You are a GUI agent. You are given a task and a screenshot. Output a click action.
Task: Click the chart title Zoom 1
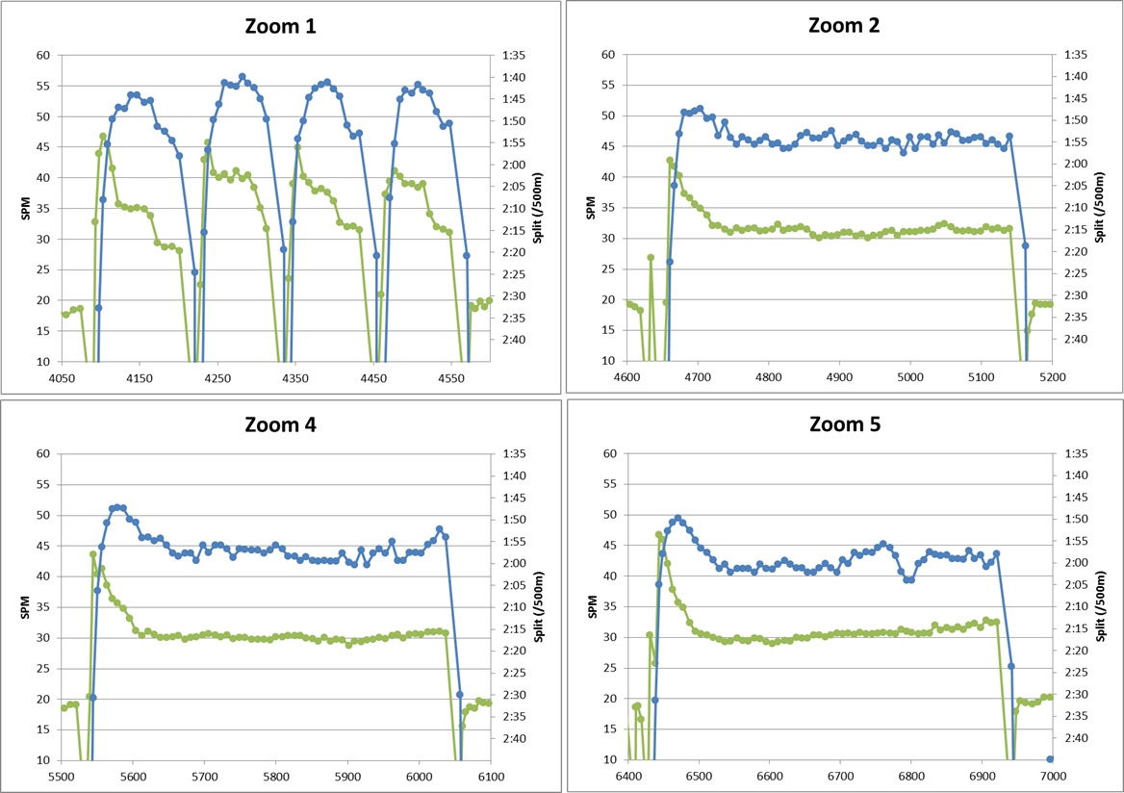(x=280, y=27)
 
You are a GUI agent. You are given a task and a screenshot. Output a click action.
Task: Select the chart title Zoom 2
(x=844, y=25)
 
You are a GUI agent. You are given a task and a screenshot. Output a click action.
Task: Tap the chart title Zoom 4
(x=280, y=424)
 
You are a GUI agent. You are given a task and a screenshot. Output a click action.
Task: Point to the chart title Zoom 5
(x=845, y=423)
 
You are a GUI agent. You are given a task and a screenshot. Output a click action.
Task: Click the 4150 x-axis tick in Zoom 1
(x=140, y=378)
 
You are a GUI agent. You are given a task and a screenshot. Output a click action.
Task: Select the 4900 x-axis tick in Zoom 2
(x=839, y=377)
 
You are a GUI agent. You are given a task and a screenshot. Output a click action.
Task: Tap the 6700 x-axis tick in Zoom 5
(x=840, y=776)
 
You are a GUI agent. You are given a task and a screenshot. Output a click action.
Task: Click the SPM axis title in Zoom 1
(x=26, y=208)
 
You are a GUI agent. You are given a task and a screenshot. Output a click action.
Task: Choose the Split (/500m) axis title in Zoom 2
(x=1100, y=207)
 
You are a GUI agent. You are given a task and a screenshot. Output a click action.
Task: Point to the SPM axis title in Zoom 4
(x=26, y=606)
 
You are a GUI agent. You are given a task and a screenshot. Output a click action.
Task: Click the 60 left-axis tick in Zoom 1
(x=43, y=55)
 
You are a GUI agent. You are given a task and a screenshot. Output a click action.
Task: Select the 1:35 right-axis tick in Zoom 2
(x=1075, y=55)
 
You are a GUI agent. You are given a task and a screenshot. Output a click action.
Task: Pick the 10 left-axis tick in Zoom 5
(x=610, y=759)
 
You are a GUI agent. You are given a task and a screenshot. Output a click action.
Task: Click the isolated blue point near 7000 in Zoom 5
(x=1050, y=758)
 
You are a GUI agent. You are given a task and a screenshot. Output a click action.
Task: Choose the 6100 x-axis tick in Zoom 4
(x=491, y=777)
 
